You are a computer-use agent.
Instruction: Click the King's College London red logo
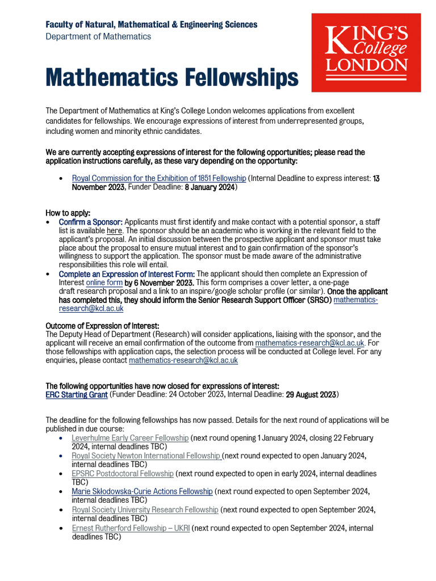click(366, 52)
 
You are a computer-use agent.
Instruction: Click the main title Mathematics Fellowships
click(171, 77)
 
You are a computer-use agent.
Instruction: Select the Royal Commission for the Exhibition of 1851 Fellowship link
click(159, 178)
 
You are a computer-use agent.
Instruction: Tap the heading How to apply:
click(68, 213)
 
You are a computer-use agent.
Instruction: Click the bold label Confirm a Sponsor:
click(90, 222)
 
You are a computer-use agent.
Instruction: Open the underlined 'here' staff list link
click(114, 230)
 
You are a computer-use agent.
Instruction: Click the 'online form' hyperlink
click(104, 283)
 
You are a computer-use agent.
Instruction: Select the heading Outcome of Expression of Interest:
click(102, 326)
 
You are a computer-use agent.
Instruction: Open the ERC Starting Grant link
click(77, 394)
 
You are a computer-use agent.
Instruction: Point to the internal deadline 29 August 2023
click(310, 394)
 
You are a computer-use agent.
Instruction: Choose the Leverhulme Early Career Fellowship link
click(130, 438)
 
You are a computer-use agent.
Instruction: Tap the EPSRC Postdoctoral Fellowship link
click(123, 473)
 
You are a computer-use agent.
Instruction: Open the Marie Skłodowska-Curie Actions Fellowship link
click(142, 491)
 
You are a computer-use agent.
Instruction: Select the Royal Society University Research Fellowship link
click(145, 510)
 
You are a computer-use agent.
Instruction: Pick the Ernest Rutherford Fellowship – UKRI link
click(131, 528)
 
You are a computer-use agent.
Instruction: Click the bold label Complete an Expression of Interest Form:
click(127, 274)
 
